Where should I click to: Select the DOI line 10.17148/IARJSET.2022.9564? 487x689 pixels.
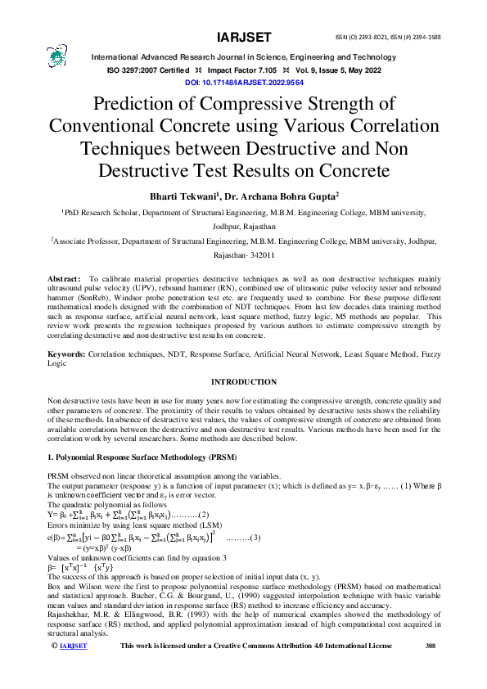243,83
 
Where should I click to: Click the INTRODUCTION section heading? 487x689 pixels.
243,382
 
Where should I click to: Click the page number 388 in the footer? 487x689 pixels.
431,669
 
